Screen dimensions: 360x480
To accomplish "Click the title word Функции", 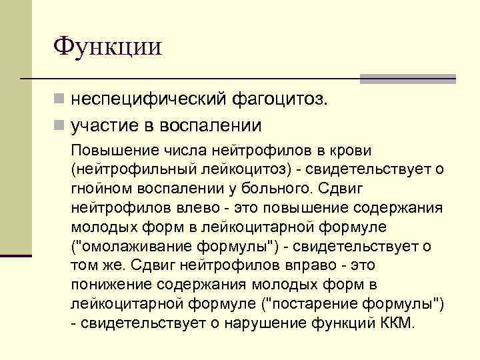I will [107, 47].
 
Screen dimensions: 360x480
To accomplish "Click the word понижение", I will [111, 285].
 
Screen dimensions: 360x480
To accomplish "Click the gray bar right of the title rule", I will [407, 79].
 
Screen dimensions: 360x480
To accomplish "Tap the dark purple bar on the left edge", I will [16, 255].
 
